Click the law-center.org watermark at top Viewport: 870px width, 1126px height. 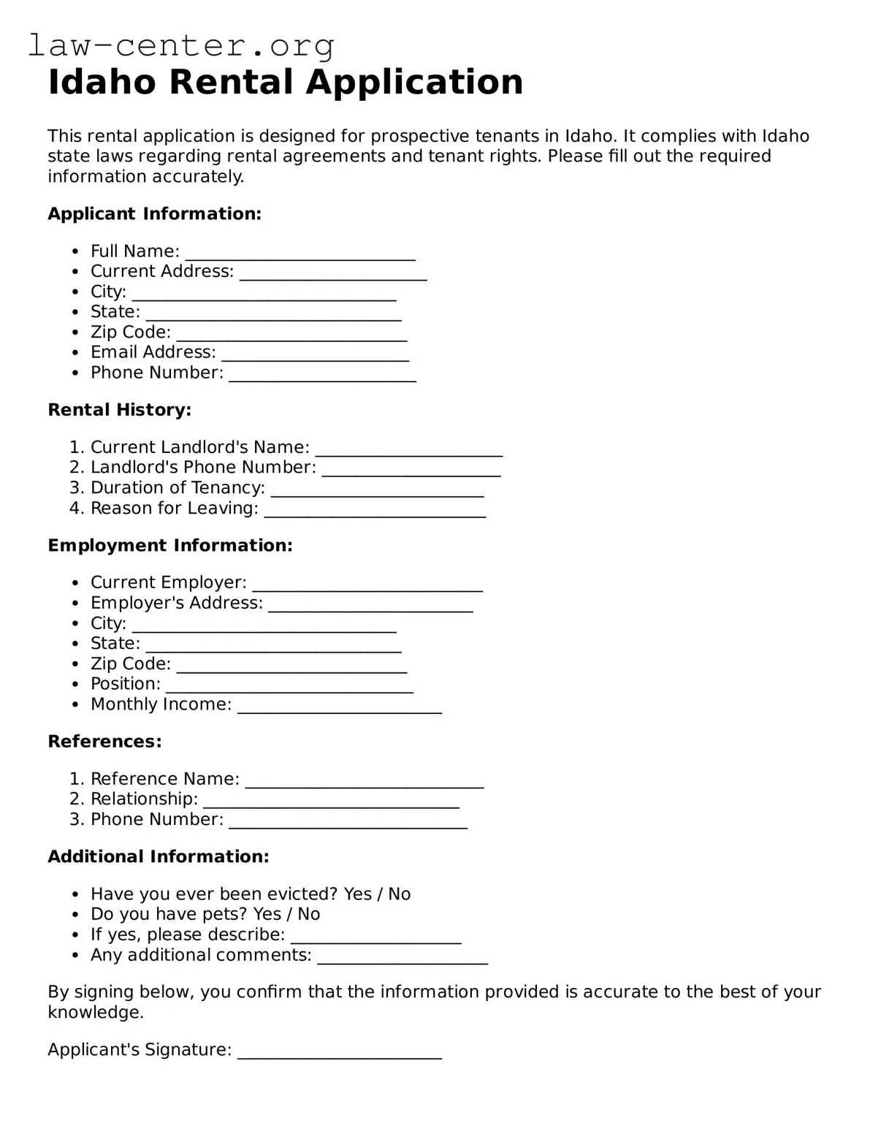point(181,46)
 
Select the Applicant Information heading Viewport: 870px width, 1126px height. point(154,214)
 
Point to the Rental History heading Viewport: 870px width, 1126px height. point(119,410)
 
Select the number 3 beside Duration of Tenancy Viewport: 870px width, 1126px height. point(77,488)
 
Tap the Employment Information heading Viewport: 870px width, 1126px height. point(169,546)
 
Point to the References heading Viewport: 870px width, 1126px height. point(104,742)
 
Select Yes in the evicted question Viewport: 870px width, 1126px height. point(357,894)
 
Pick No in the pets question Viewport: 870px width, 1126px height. point(308,915)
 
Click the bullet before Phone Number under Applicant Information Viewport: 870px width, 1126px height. point(75,373)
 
